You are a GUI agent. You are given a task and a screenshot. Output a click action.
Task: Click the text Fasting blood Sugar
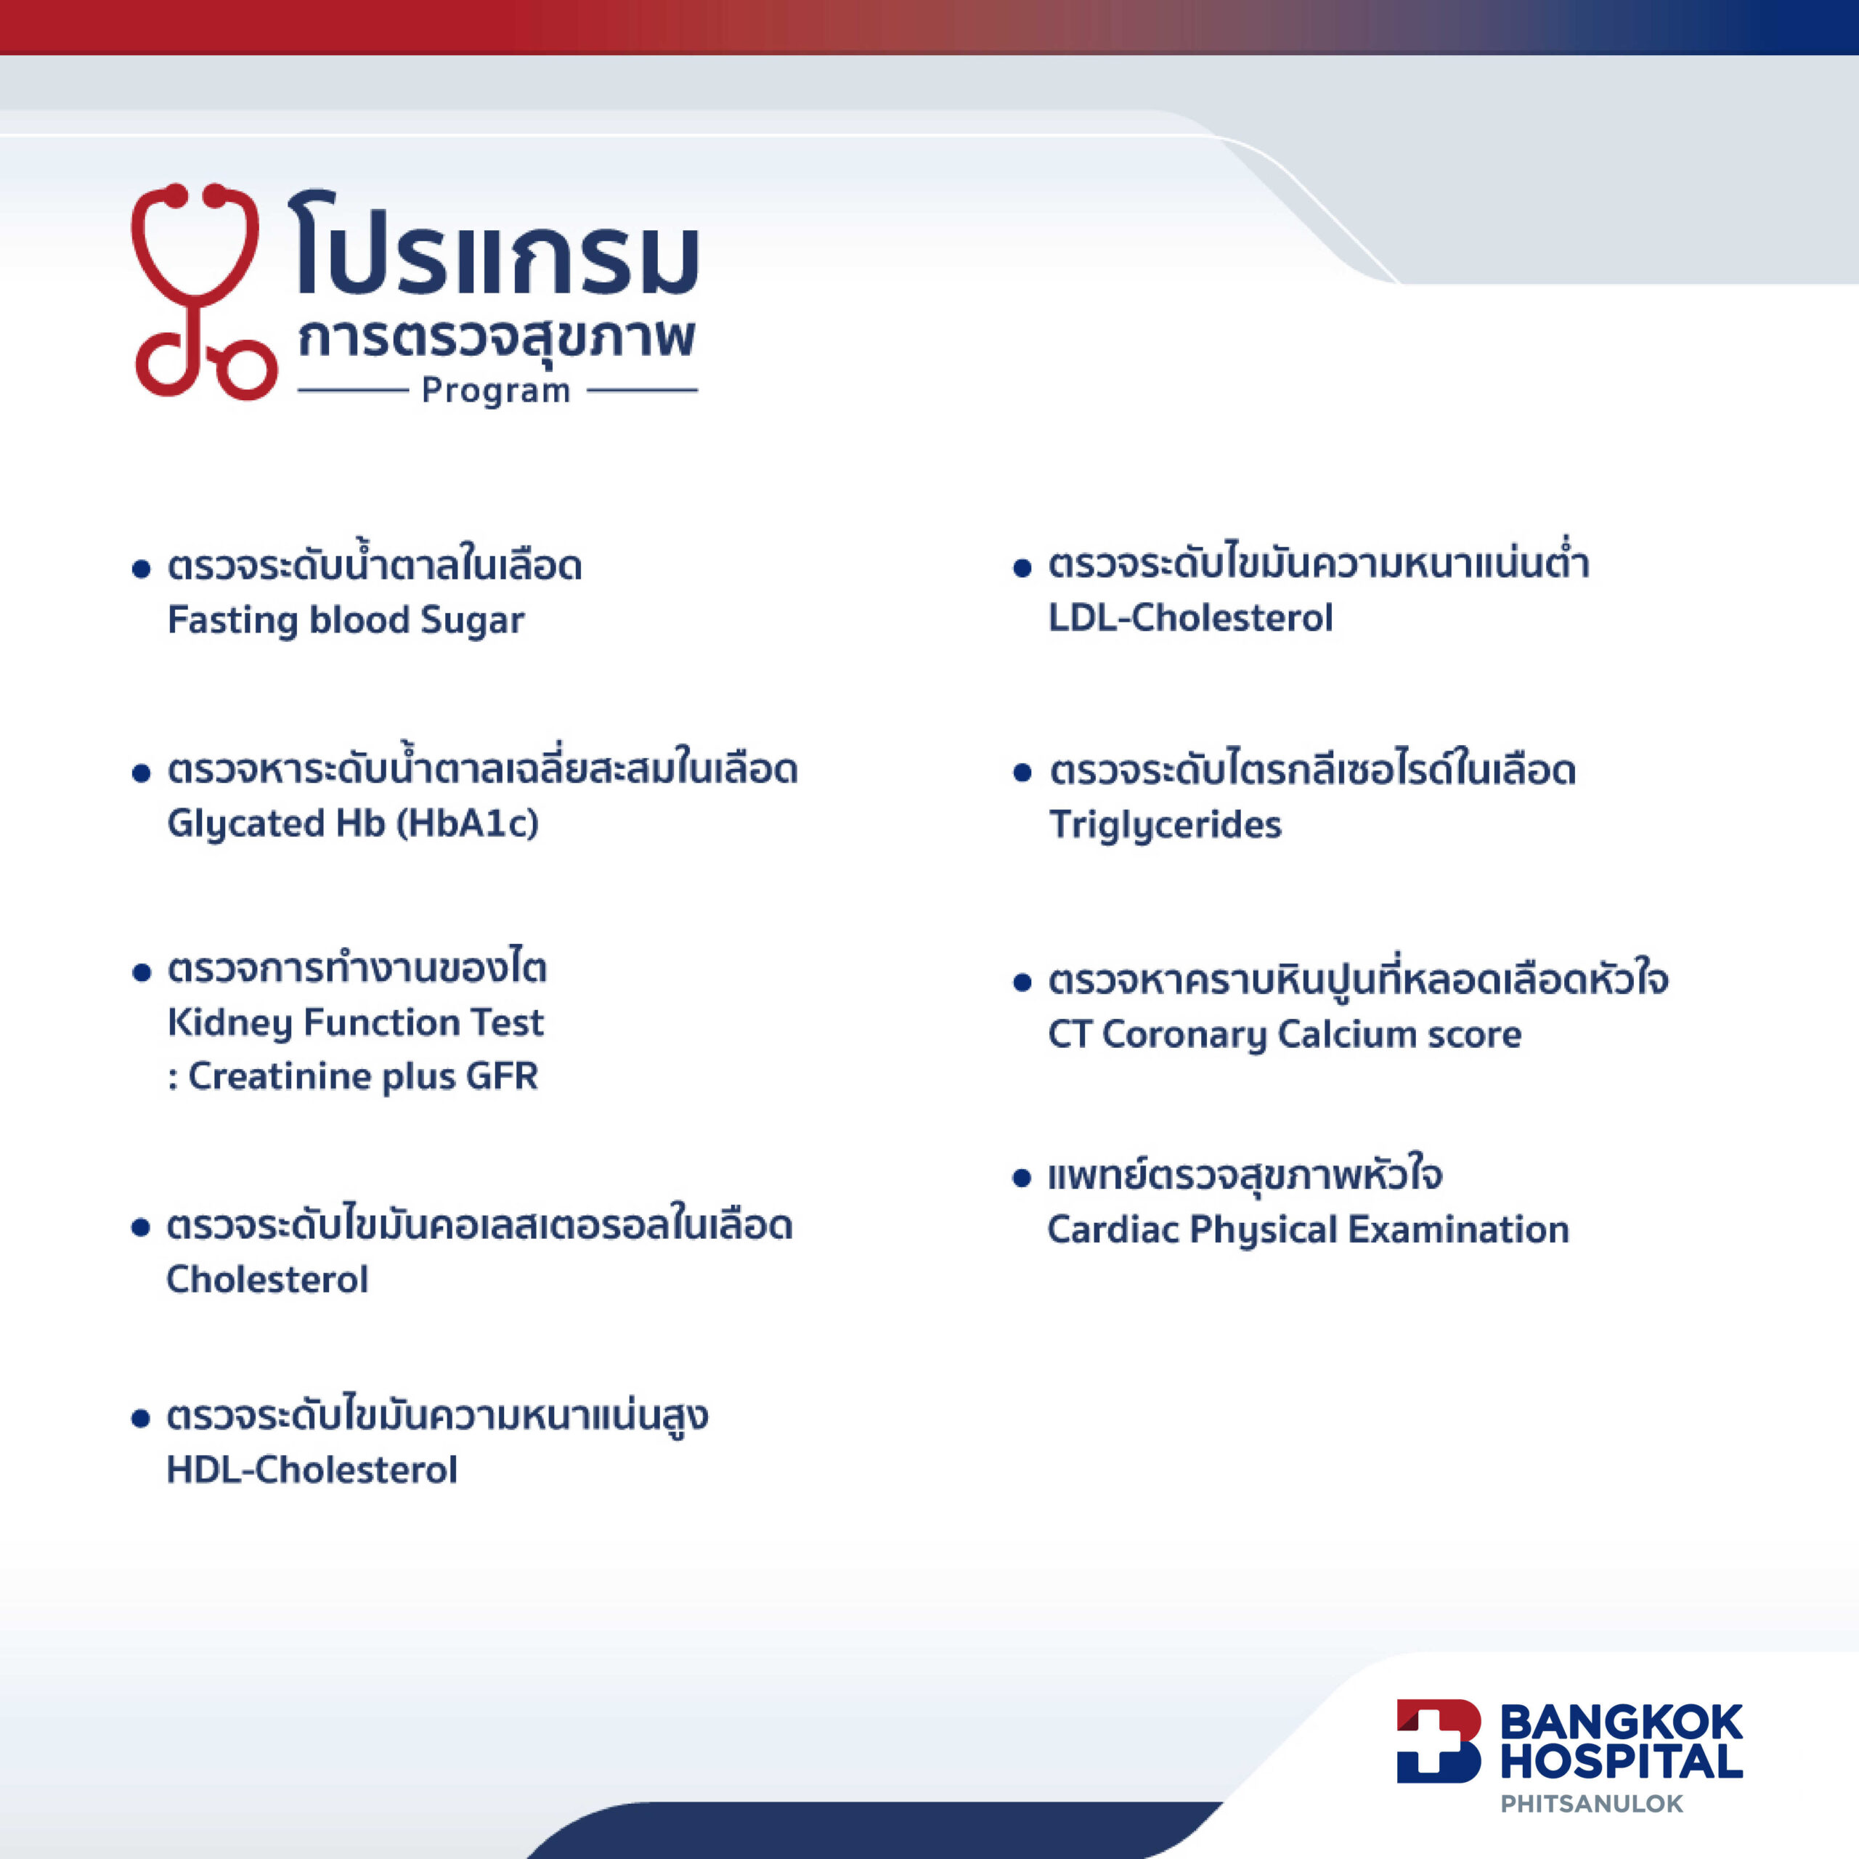(x=346, y=621)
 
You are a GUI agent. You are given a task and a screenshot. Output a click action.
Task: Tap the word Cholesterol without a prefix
(x=267, y=1280)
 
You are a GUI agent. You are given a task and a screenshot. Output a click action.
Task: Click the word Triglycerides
(x=1166, y=826)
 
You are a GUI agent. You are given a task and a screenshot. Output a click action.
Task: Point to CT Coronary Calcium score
(x=1285, y=1034)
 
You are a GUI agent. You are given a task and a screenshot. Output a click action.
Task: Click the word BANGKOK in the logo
(x=1622, y=1722)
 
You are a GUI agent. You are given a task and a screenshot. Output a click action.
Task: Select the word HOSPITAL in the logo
(x=1622, y=1762)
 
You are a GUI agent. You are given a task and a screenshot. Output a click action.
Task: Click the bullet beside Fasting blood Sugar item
(x=142, y=569)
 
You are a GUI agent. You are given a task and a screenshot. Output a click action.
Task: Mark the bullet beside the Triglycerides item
(x=1022, y=773)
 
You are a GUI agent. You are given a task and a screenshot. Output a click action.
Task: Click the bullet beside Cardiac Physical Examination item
(x=1022, y=1179)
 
